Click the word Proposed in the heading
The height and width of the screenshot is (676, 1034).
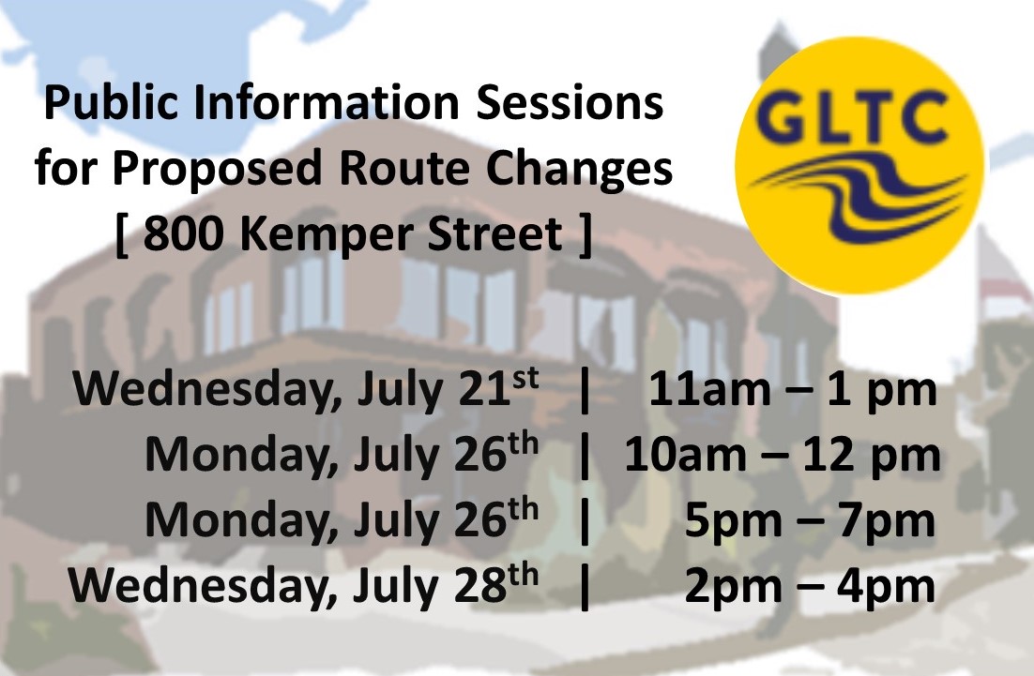tap(217, 170)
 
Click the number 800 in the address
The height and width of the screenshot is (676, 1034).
tap(183, 233)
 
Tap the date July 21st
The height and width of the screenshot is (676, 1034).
tap(448, 389)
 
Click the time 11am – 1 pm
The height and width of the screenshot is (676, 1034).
tap(793, 389)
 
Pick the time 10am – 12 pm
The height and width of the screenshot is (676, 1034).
tap(783, 456)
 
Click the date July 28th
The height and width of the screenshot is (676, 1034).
tap(446, 586)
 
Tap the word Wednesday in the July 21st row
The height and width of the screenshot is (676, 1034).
tap(207, 389)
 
